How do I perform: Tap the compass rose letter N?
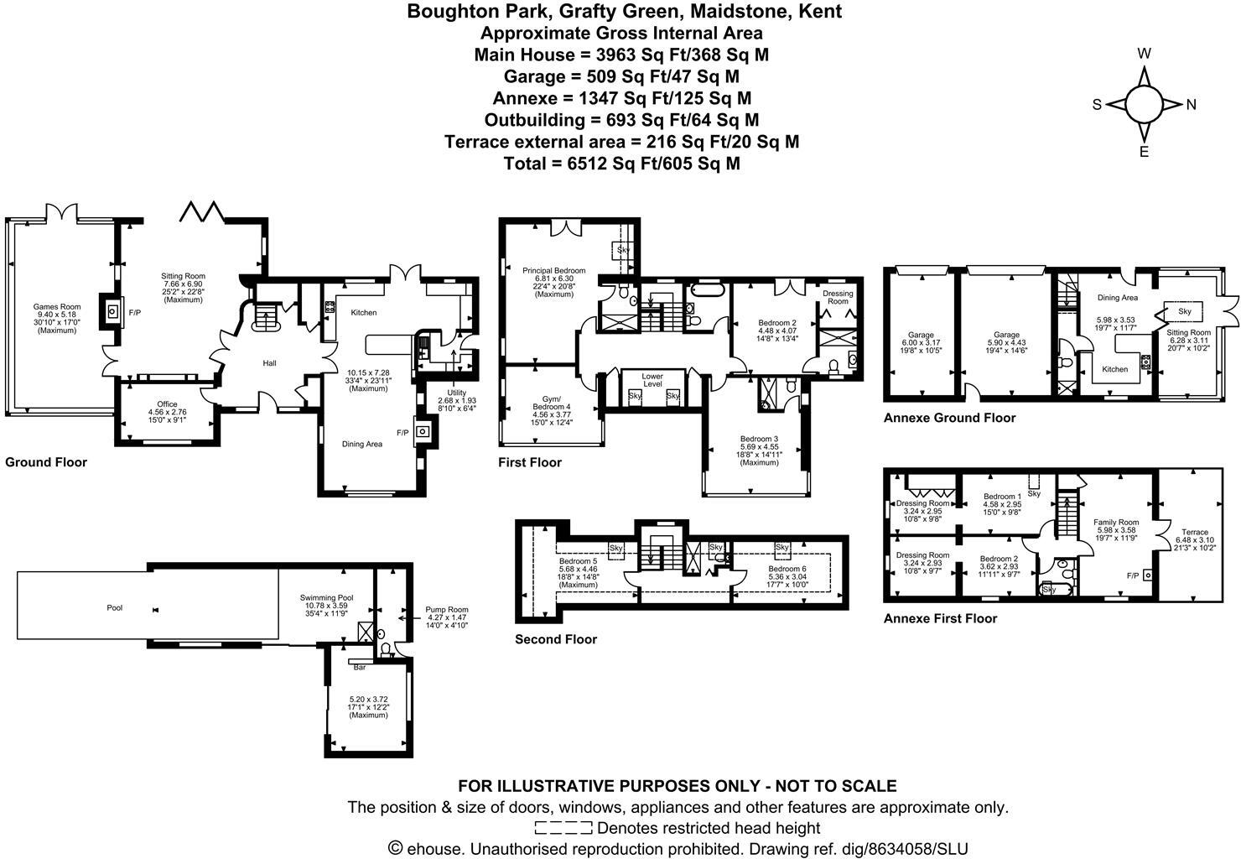[1191, 105]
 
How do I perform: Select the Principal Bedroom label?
[553, 270]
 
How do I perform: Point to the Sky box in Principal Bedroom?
[622, 250]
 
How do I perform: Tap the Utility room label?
[456, 393]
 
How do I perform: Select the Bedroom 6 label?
[788, 569]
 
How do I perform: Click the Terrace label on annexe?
[1194, 532]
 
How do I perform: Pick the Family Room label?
[1116, 522]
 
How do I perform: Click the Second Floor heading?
[556, 639]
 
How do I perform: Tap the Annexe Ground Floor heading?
[949, 418]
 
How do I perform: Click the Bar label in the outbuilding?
[360, 668]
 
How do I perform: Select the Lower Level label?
[652, 380]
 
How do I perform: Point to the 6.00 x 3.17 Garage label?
[920, 335]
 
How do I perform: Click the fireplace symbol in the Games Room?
[111, 311]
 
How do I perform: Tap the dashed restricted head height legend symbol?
[563, 829]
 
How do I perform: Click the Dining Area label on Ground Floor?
[362, 444]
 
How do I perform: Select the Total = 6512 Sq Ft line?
[621, 164]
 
